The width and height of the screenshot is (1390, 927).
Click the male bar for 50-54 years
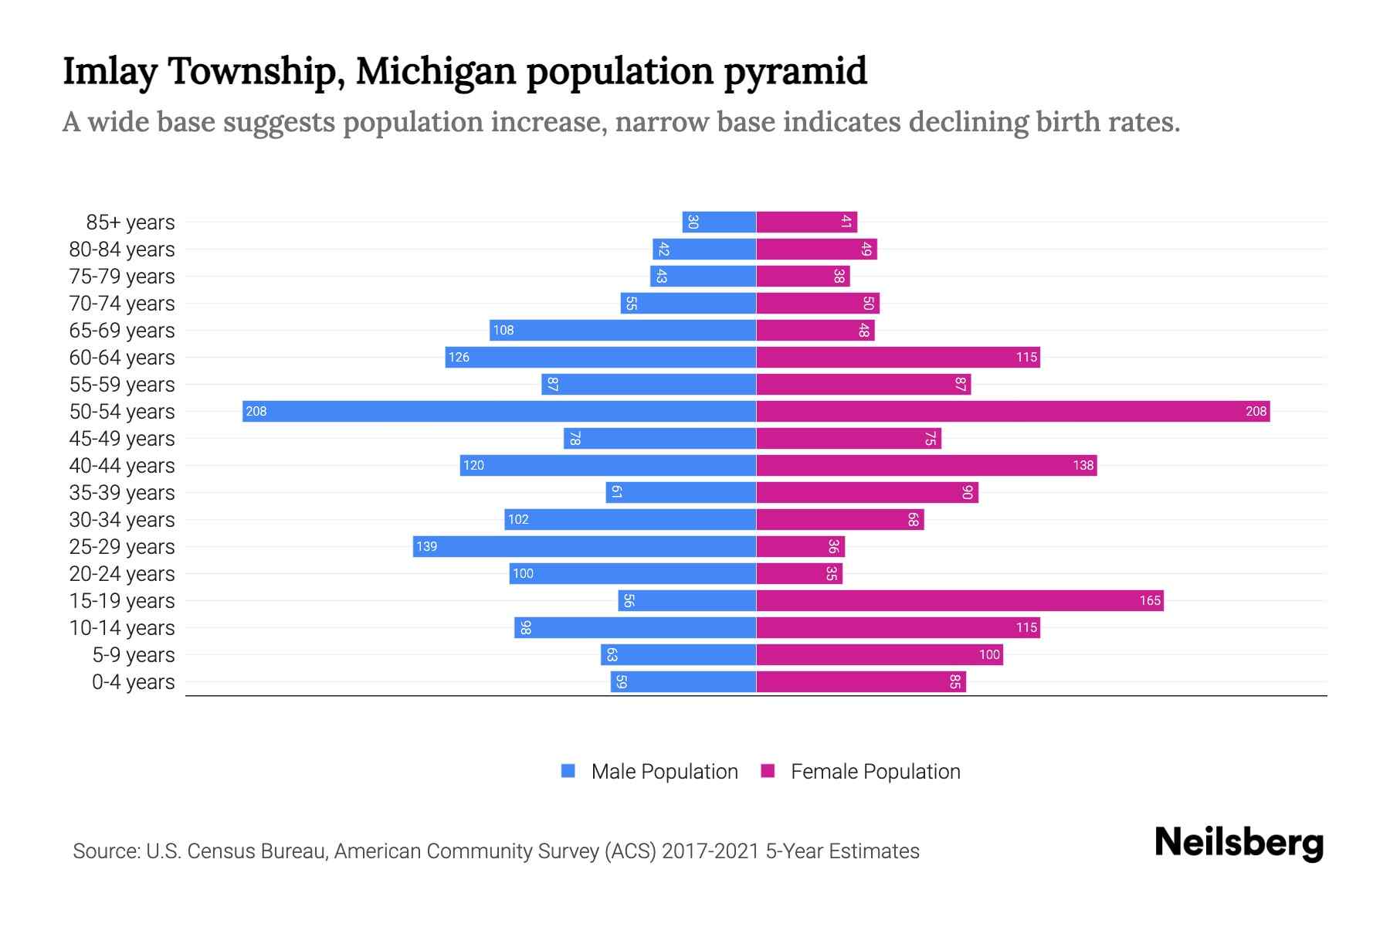[x=499, y=411]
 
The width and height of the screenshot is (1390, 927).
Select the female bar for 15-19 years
[x=960, y=600]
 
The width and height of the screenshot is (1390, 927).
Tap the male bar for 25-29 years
[x=585, y=546]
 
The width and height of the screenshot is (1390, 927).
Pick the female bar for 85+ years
[x=807, y=222]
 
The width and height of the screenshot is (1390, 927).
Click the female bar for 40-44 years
[x=927, y=465]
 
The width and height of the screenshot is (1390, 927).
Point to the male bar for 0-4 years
[x=683, y=681]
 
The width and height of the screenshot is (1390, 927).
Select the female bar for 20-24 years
[x=799, y=573]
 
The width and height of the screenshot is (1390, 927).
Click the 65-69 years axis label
[x=122, y=331]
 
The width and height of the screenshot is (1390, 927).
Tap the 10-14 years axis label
[x=122, y=628]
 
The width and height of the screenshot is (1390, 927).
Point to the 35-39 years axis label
[x=122, y=493]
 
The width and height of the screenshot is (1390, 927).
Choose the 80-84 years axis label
[x=122, y=250]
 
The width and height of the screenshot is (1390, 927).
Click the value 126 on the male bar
[x=459, y=357]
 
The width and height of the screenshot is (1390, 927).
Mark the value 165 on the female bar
[x=1150, y=600]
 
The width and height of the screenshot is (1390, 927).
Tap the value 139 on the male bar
[x=426, y=546]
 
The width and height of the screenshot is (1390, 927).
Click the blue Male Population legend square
[x=568, y=771]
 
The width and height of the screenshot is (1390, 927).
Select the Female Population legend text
[x=875, y=772]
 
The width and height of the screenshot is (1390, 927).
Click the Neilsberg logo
[x=1239, y=843]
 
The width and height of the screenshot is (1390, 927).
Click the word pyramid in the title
[x=795, y=72]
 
